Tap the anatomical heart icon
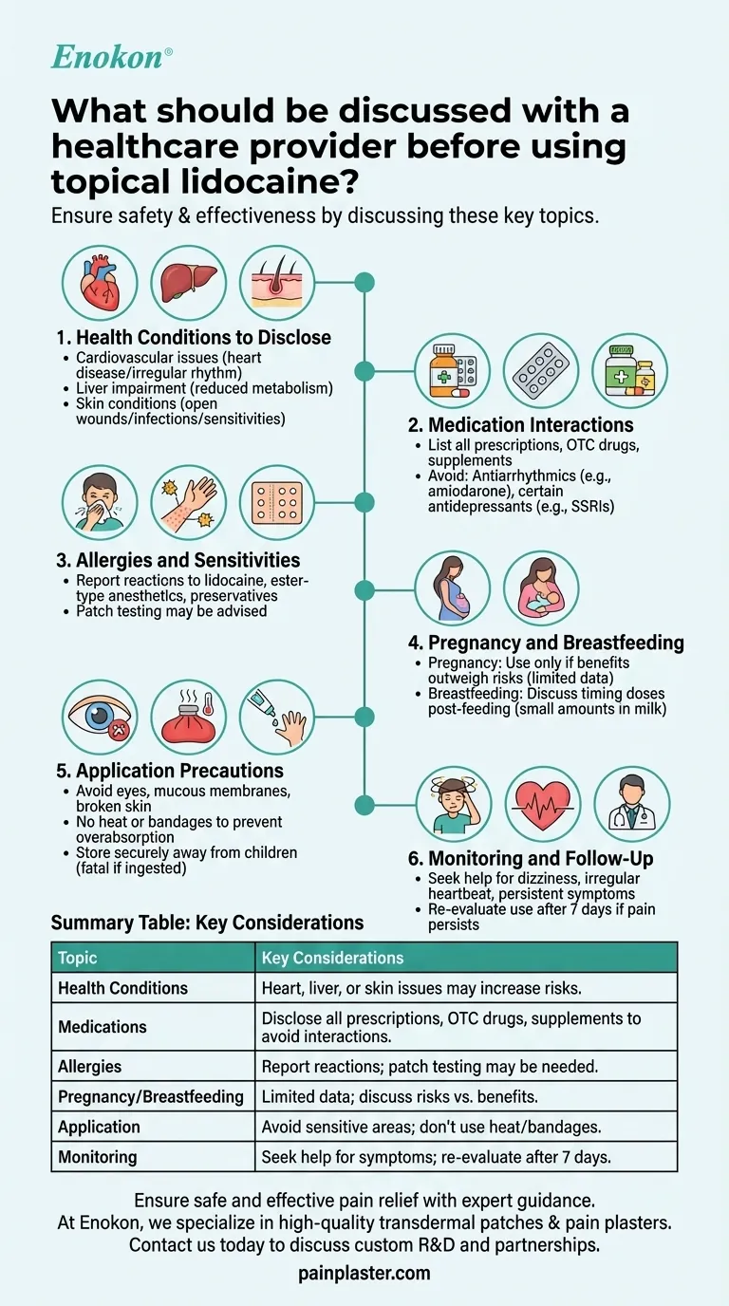tap(100, 283)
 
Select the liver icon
tap(188, 283)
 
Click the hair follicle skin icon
tap(276, 283)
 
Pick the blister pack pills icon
tap(541, 371)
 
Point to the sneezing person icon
tap(100, 503)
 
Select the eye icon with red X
tap(100, 718)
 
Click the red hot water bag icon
tap(188, 718)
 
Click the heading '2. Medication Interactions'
tap(531, 425)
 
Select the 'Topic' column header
tap(78, 958)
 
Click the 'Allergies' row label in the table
tap(90, 1067)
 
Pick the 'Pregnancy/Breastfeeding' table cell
tap(151, 1096)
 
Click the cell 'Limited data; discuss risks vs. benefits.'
tap(400, 1096)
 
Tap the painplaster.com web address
tap(364, 1273)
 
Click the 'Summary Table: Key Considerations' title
tap(207, 923)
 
